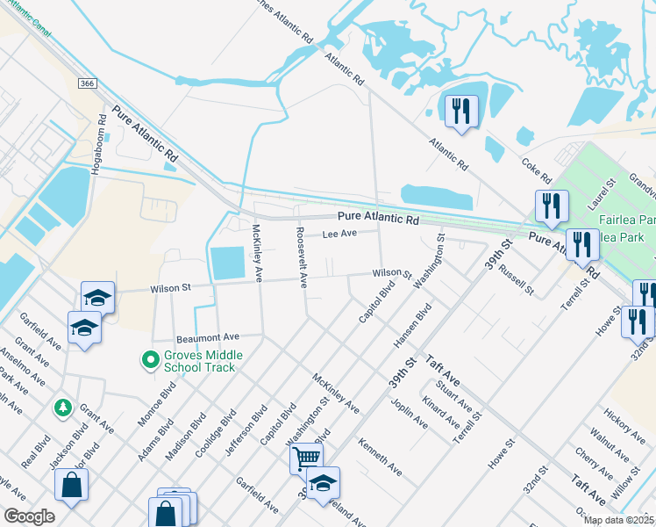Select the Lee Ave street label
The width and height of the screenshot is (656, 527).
tap(339, 234)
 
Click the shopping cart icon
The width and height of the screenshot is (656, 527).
tap(306, 457)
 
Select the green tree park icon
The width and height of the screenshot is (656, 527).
tap(62, 407)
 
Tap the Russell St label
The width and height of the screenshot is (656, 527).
tap(516, 277)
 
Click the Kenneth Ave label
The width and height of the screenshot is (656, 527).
tap(380, 458)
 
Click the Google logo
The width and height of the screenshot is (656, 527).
tap(29, 516)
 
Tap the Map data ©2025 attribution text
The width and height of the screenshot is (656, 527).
tap(618, 520)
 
